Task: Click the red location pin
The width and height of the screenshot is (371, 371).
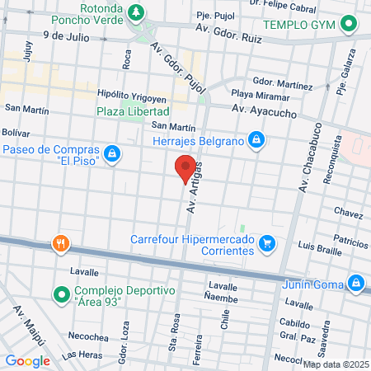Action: [x=185, y=167]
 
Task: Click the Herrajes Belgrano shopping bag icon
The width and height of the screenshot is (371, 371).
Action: [x=257, y=140]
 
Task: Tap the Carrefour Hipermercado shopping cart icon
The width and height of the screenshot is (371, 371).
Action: [x=266, y=244]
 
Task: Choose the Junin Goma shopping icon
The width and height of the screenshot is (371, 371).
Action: [x=356, y=283]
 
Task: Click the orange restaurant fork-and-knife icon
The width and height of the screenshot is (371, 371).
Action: [x=59, y=244]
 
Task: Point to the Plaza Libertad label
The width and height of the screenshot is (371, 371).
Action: [x=133, y=110]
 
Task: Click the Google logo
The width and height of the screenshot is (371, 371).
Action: [x=27, y=360]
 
